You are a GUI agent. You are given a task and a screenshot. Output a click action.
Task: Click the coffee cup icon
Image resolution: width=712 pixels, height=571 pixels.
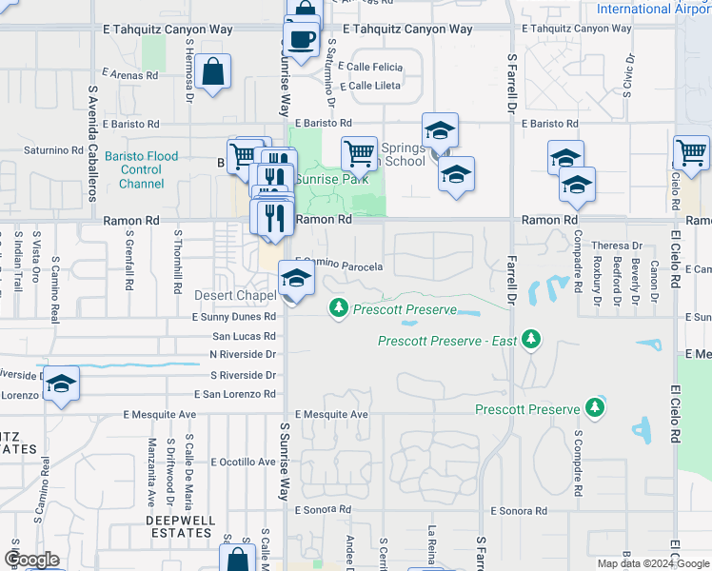(302, 40)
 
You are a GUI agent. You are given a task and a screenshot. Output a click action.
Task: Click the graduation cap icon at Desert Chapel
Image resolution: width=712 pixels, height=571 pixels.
(296, 279)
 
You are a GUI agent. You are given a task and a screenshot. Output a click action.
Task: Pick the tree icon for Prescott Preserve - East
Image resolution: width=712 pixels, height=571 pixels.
(531, 340)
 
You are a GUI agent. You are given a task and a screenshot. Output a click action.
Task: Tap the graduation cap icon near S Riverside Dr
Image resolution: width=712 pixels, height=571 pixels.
(61, 384)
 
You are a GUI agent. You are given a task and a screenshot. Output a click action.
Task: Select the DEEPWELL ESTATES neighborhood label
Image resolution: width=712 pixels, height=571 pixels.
(180, 521)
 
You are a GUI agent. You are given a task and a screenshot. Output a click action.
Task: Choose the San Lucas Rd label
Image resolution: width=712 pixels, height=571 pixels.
(243, 336)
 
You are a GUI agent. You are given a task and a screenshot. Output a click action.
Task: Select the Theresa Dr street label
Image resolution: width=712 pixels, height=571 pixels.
(618, 246)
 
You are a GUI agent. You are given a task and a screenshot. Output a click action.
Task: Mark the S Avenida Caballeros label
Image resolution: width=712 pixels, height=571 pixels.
(93, 144)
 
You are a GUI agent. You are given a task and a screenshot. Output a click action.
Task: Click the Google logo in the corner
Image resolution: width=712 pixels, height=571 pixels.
(31, 560)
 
